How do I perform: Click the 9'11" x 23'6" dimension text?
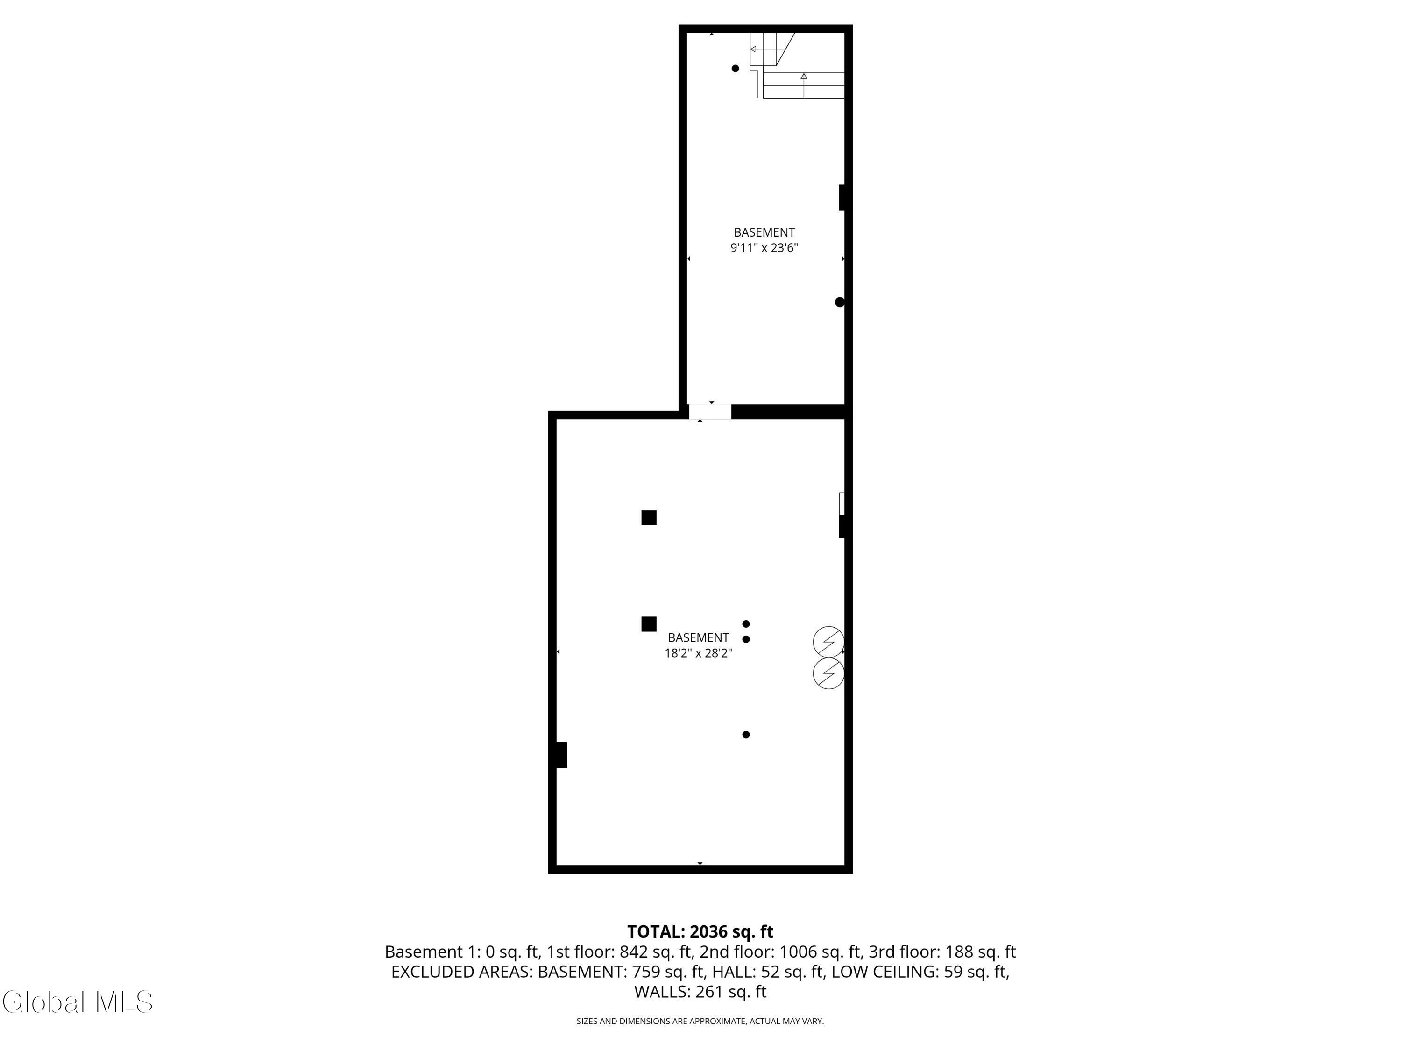tap(764, 248)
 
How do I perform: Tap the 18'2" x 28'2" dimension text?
tap(698, 653)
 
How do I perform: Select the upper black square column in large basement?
tap(649, 518)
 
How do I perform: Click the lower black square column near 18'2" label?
tap(649, 624)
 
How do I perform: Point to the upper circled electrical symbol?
tap(828, 642)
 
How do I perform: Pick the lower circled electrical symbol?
tap(828, 673)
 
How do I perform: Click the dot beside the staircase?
tap(736, 68)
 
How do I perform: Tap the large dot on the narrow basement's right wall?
tap(840, 302)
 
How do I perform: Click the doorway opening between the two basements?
tap(710, 412)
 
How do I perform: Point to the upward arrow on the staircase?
tap(804, 85)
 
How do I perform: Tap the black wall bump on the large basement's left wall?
tap(561, 755)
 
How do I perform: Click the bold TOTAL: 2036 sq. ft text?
tap(700, 931)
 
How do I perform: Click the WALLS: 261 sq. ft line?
tap(700, 992)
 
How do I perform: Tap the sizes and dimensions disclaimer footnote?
tap(700, 1022)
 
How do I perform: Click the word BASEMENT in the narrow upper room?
tap(764, 232)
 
